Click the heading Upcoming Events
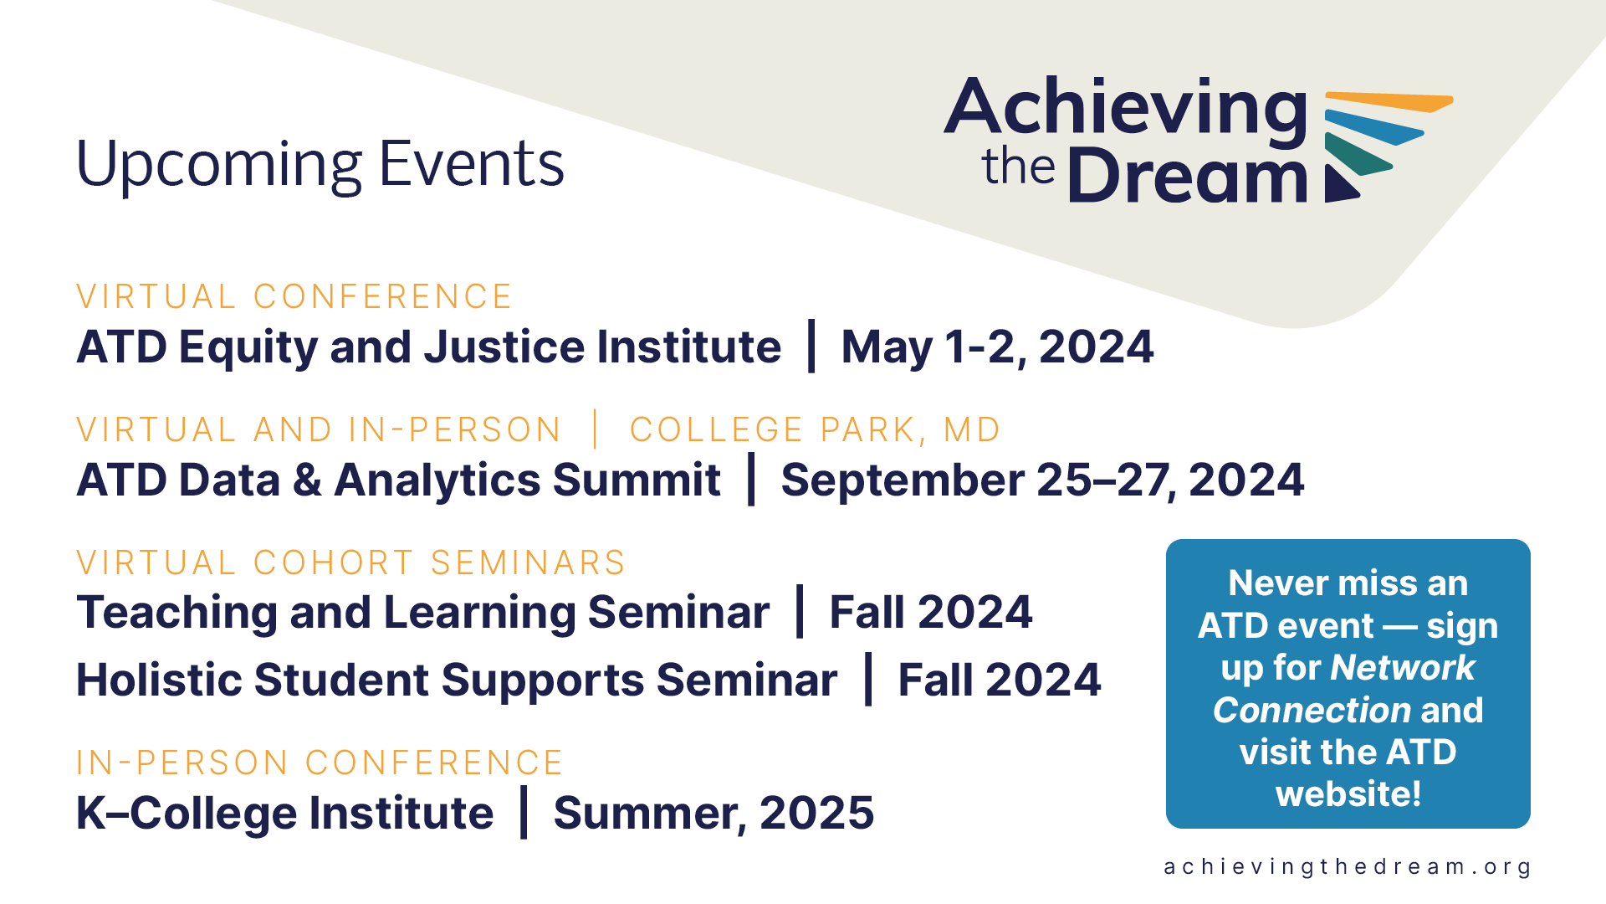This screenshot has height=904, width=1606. coord(320,165)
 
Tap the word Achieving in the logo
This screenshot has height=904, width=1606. coord(1126,109)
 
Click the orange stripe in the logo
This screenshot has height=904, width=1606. coord(1389,101)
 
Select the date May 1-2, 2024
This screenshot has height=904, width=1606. coord(997,347)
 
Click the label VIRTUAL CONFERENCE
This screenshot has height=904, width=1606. coord(294,296)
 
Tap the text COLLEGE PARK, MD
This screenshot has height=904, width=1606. coord(815,429)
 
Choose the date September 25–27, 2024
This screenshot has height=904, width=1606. coord(1042,480)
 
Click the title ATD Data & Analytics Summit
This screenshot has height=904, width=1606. coord(398,480)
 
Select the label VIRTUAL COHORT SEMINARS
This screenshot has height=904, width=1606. coord(350,562)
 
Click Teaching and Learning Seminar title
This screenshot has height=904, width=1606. coord(422,612)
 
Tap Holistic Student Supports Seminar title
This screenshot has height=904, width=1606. coord(457,679)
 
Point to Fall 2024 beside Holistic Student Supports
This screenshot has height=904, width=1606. coord(1000,679)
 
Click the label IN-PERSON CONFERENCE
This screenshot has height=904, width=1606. coord(320,763)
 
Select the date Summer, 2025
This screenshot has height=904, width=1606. coord(713,813)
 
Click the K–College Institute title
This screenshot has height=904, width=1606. coord(285,813)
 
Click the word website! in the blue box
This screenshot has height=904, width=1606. coord(1348,794)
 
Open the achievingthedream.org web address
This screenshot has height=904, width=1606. coord(1347,867)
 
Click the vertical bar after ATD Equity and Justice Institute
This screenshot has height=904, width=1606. coord(811,346)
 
